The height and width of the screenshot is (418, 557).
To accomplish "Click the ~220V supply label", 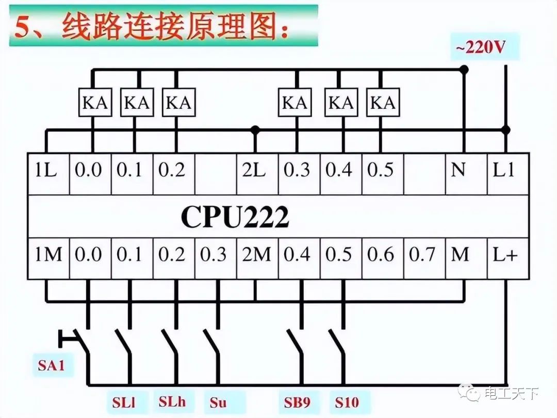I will tap(480, 48).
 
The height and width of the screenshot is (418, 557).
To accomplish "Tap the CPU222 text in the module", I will tap(235, 218).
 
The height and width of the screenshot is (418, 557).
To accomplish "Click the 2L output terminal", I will tap(254, 170).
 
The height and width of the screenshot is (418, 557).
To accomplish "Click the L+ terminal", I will tap(505, 254).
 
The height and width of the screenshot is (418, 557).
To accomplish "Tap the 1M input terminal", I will tap(48, 254).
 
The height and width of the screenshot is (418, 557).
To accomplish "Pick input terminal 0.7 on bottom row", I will tap(423, 254).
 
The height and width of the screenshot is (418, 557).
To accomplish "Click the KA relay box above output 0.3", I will tap(295, 103).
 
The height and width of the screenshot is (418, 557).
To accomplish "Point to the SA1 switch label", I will tap(52, 365).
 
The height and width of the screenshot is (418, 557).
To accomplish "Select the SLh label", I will tap(172, 401).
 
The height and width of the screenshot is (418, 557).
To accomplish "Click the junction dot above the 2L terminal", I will tap(255, 130).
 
